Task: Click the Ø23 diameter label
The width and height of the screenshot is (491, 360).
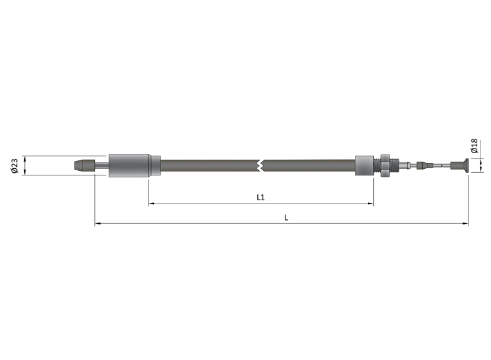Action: point(14,166)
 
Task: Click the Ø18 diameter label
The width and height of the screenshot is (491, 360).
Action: point(474,145)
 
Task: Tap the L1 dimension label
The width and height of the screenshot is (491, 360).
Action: point(260,197)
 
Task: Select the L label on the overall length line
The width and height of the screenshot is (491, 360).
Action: point(286,217)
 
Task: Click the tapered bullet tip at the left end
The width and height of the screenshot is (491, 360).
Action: point(82,166)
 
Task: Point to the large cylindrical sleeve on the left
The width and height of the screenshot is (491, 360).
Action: point(129,166)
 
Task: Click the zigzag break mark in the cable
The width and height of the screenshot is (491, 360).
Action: point(261,166)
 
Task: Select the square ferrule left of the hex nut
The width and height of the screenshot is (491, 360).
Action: point(364,166)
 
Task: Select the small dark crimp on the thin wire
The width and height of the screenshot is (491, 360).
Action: point(426,166)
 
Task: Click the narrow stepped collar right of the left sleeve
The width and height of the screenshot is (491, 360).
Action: point(155,166)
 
